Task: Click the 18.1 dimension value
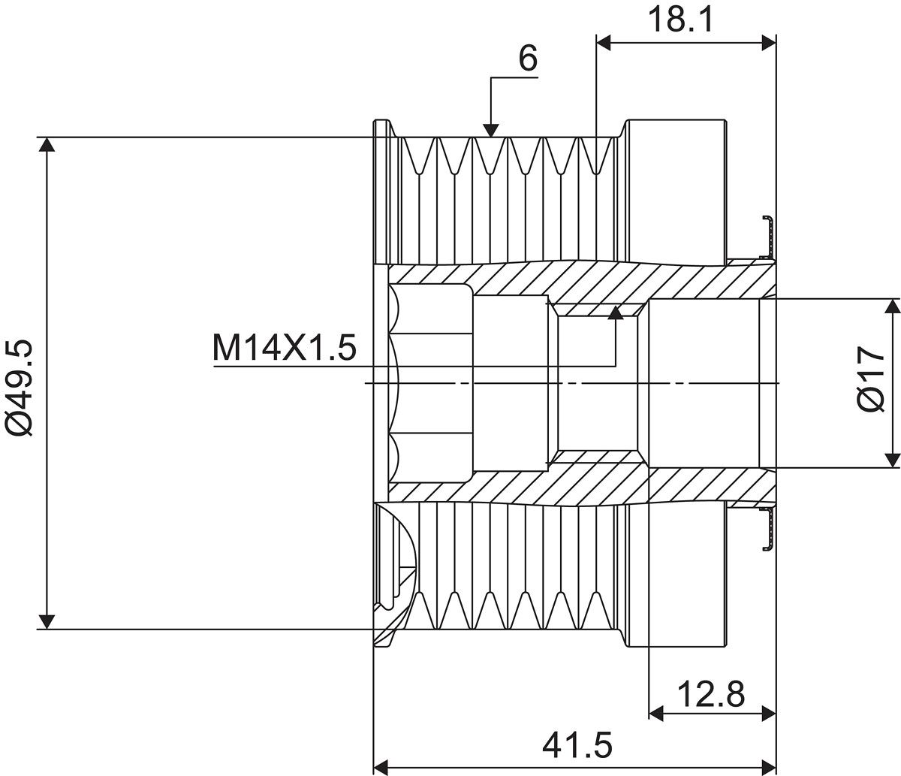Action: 681,20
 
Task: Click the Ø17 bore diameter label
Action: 872,379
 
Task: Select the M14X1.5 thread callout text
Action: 285,348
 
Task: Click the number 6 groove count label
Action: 528,59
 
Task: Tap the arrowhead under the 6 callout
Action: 491,130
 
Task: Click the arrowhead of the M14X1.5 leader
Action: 616,313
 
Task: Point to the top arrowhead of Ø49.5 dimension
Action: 47,145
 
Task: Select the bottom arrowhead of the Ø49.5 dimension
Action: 47,621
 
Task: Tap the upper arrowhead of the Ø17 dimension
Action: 892,306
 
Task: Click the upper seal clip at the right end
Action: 767,237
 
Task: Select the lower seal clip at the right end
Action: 767,530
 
